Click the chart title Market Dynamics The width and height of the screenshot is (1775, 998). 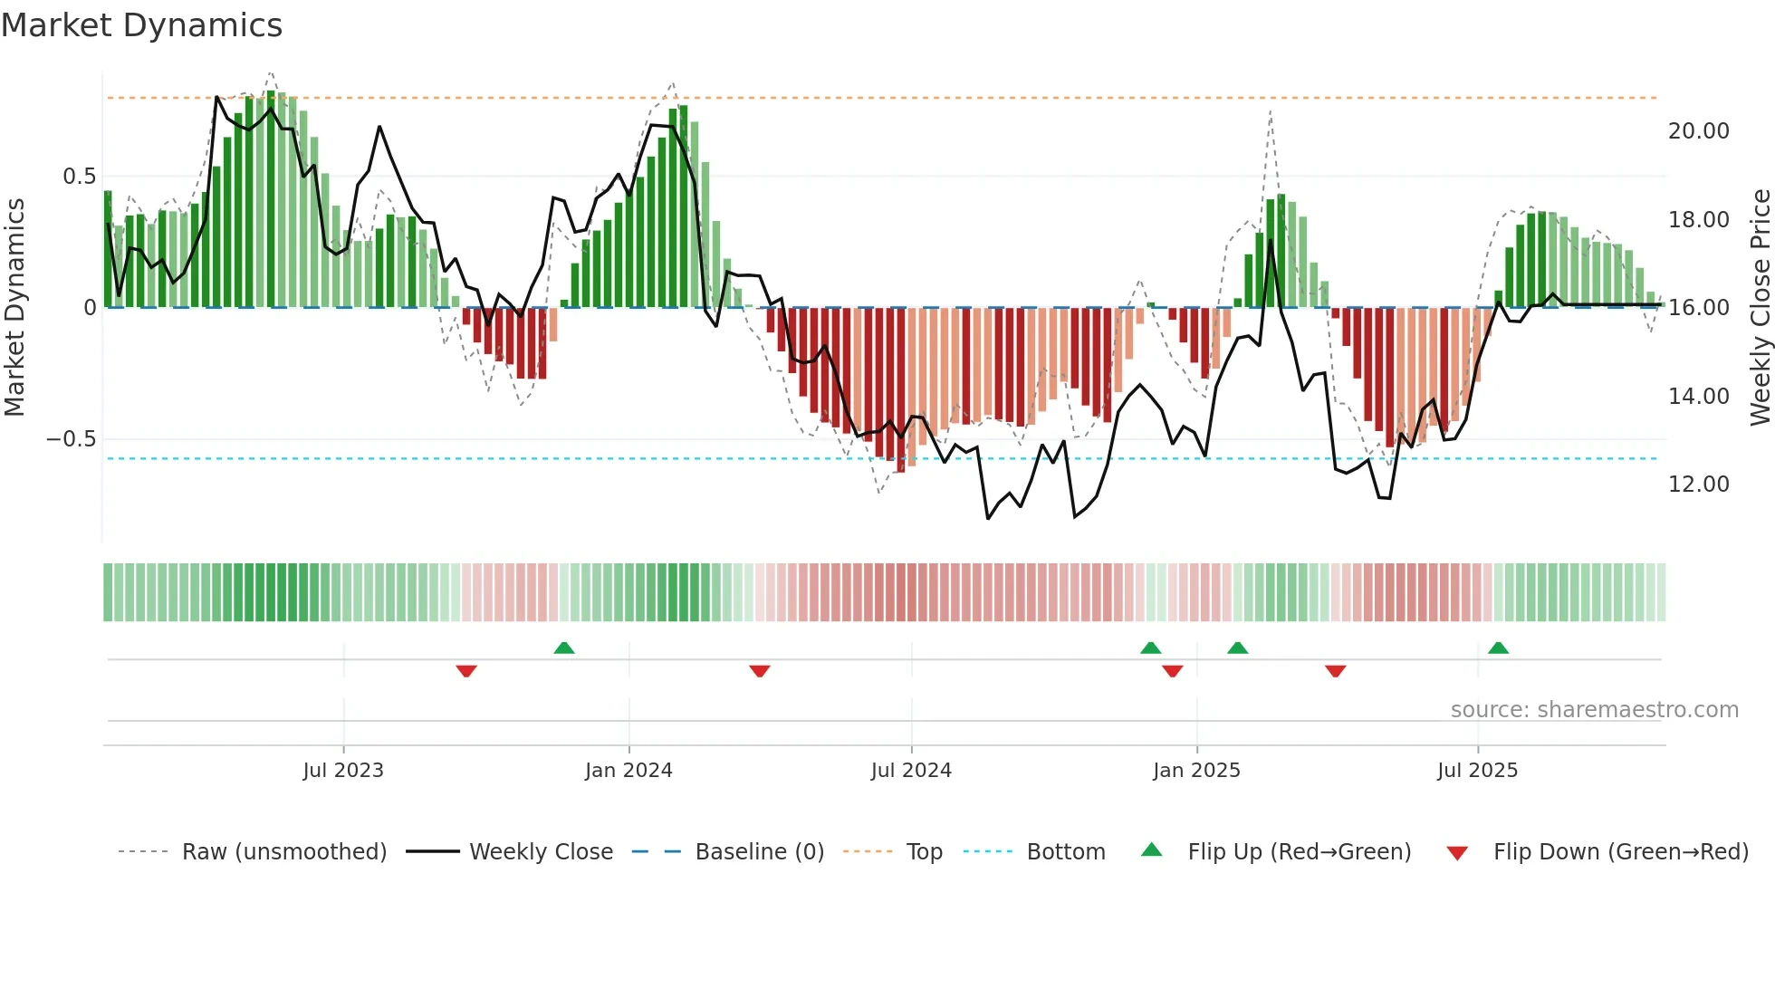coord(141,25)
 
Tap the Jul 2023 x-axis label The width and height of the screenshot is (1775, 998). coord(343,771)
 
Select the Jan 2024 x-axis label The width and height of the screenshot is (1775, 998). coord(628,771)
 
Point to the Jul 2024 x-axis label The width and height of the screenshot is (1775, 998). coord(911,771)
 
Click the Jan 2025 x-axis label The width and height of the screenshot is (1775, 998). coord(1196,771)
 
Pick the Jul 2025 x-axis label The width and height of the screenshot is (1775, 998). coord(1477,771)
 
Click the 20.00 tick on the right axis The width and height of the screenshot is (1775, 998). coord(1698,131)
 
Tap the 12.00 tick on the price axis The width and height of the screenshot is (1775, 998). coord(1698,485)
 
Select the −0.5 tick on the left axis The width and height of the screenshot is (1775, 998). coord(71,439)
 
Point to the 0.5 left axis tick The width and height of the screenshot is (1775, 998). coord(79,177)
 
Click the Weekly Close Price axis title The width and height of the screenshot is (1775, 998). coord(1760,308)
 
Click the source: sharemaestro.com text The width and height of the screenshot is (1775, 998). coord(1594,710)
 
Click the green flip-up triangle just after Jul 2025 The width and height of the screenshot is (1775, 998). coord(1498,648)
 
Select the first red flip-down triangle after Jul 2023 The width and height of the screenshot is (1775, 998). coord(466,671)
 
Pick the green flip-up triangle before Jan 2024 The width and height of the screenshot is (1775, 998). coord(564,648)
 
